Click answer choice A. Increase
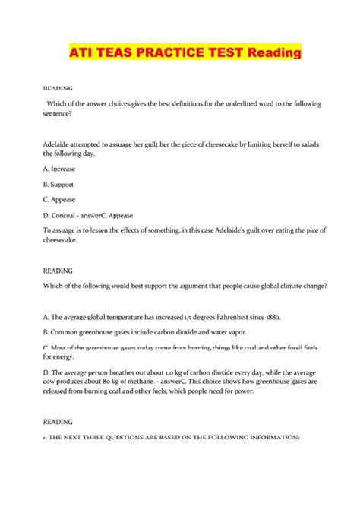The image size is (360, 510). (x=64, y=169)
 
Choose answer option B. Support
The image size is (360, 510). (x=63, y=185)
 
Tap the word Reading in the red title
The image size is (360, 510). (x=263, y=54)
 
